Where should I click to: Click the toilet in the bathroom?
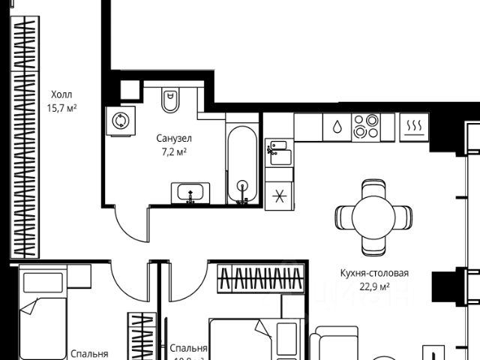pos(171,100)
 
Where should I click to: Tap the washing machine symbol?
pos(120,121)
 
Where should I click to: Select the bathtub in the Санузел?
pos(242,166)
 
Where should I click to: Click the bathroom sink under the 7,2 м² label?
pos(190,193)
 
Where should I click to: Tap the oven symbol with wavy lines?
pos(413,125)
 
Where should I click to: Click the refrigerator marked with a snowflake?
pos(279,197)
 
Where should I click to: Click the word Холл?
pos(63,94)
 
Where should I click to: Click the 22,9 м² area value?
pos(373,286)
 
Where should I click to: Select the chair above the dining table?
pos(373,186)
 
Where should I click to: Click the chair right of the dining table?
pos(406,217)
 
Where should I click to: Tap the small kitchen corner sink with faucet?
pos(278,154)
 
